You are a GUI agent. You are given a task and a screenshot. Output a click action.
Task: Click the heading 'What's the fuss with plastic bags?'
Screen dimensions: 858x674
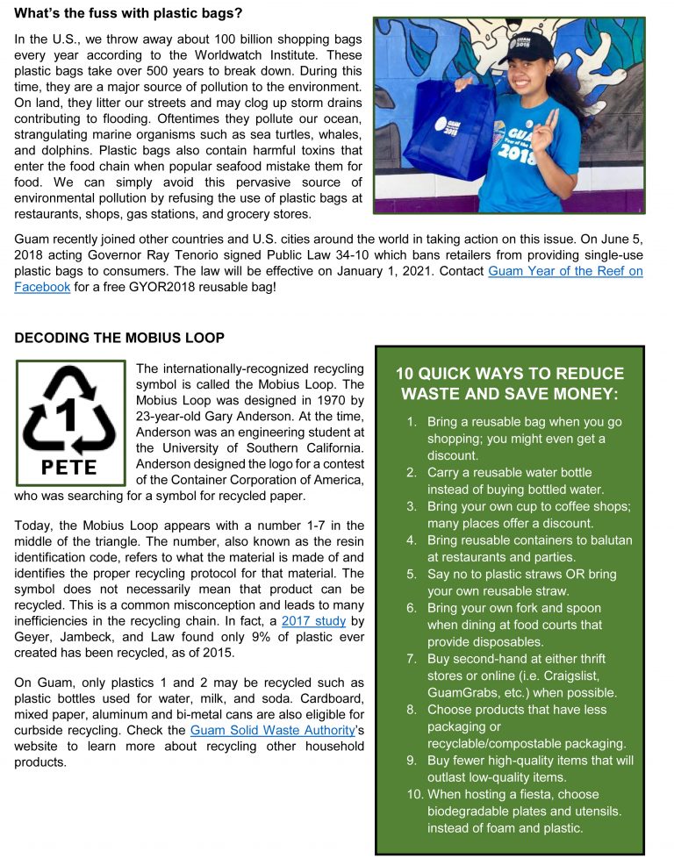tap(128, 14)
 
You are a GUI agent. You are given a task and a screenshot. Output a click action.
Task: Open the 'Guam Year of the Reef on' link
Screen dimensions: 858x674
tap(565, 271)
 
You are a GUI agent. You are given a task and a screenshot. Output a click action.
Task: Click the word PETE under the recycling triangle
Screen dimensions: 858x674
tap(69, 466)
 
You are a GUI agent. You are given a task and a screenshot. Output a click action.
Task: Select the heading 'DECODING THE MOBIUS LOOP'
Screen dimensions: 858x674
tap(119, 338)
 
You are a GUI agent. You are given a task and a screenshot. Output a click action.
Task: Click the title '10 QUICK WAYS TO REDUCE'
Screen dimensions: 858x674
tap(510, 374)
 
